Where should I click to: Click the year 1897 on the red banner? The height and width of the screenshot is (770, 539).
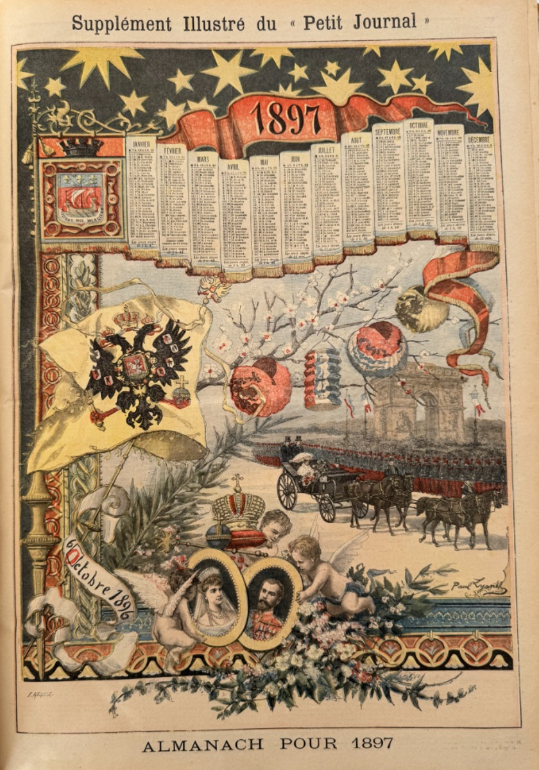(285, 117)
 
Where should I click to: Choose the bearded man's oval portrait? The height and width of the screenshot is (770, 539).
(269, 601)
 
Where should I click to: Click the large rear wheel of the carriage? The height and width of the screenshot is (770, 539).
(287, 491)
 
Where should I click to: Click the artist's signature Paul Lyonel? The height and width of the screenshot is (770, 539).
(478, 585)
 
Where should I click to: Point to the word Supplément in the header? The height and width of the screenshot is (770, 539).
(121, 24)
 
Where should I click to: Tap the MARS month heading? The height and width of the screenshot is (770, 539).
(203, 158)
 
